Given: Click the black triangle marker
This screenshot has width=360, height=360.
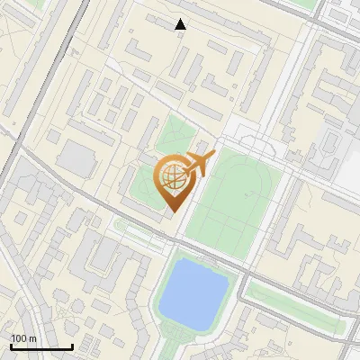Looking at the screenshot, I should [x=181, y=24].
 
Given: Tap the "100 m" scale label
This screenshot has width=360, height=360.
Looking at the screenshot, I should [x=23, y=338].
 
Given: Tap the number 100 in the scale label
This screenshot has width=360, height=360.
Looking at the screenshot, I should [x=19, y=338].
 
